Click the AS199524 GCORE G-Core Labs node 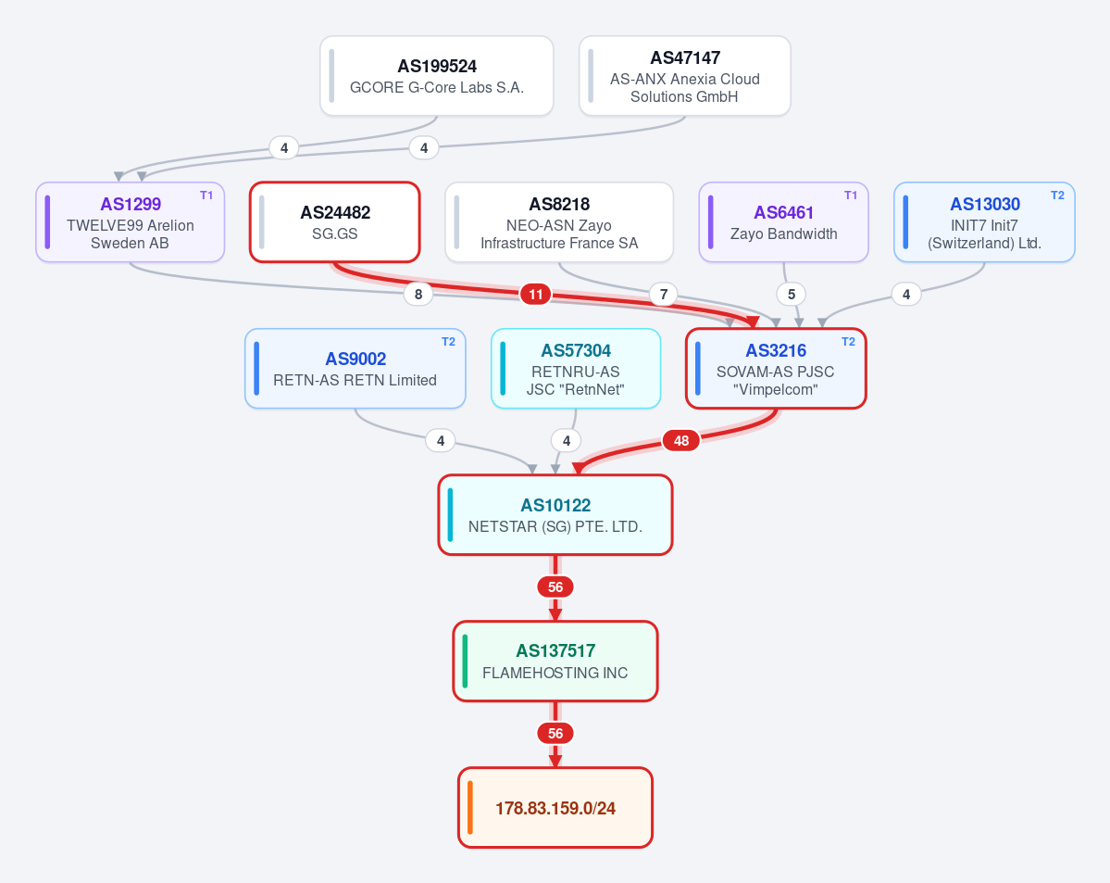pyautogui.click(x=437, y=76)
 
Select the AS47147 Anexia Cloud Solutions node pyautogui.click(x=684, y=76)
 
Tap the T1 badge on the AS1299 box pyautogui.click(x=206, y=196)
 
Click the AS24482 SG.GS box pyautogui.click(x=335, y=222)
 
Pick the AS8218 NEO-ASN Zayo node pyautogui.click(x=559, y=222)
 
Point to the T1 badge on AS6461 pyautogui.click(x=850, y=196)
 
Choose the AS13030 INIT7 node pyautogui.click(x=985, y=222)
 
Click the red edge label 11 pyautogui.click(x=536, y=294)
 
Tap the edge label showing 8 pyautogui.click(x=418, y=294)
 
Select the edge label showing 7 pyautogui.click(x=663, y=294)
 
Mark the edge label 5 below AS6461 pyautogui.click(x=792, y=294)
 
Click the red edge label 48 pyautogui.click(x=681, y=441)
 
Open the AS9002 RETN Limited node pyautogui.click(x=355, y=369)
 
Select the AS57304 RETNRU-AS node pyautogui.click(x=576, y=369)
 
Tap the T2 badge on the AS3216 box pyautogui.click(x=848, y=342)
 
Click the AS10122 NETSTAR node pyautogui.click(x=555, y=515)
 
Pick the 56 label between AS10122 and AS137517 pyautogui.click(x=555, y=587)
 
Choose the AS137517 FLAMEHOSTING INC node pyautogui.click(x=555, y=662)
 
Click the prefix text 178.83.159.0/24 pyautogui.click(x=555, y=809)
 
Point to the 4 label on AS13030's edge pyautogui.click(x=906, y=294)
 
